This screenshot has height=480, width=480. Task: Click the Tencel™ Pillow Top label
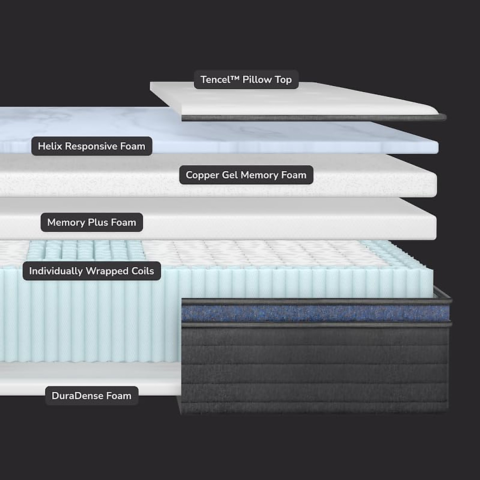click(246, 80)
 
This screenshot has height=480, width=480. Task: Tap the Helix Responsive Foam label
click(92, 146)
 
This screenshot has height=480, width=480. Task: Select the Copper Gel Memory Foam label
click(246, 175)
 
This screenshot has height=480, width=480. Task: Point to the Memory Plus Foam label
click(92, 222)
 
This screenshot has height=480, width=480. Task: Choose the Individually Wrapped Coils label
click(92, 271)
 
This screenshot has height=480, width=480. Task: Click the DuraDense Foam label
click(92, 396)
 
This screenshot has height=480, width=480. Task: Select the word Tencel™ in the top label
click(220, 80)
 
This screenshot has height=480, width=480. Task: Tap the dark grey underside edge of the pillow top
click(312, 118)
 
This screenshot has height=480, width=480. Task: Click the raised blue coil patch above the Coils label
click(84, 250)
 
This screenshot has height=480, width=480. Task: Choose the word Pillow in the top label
click(257, 80)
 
